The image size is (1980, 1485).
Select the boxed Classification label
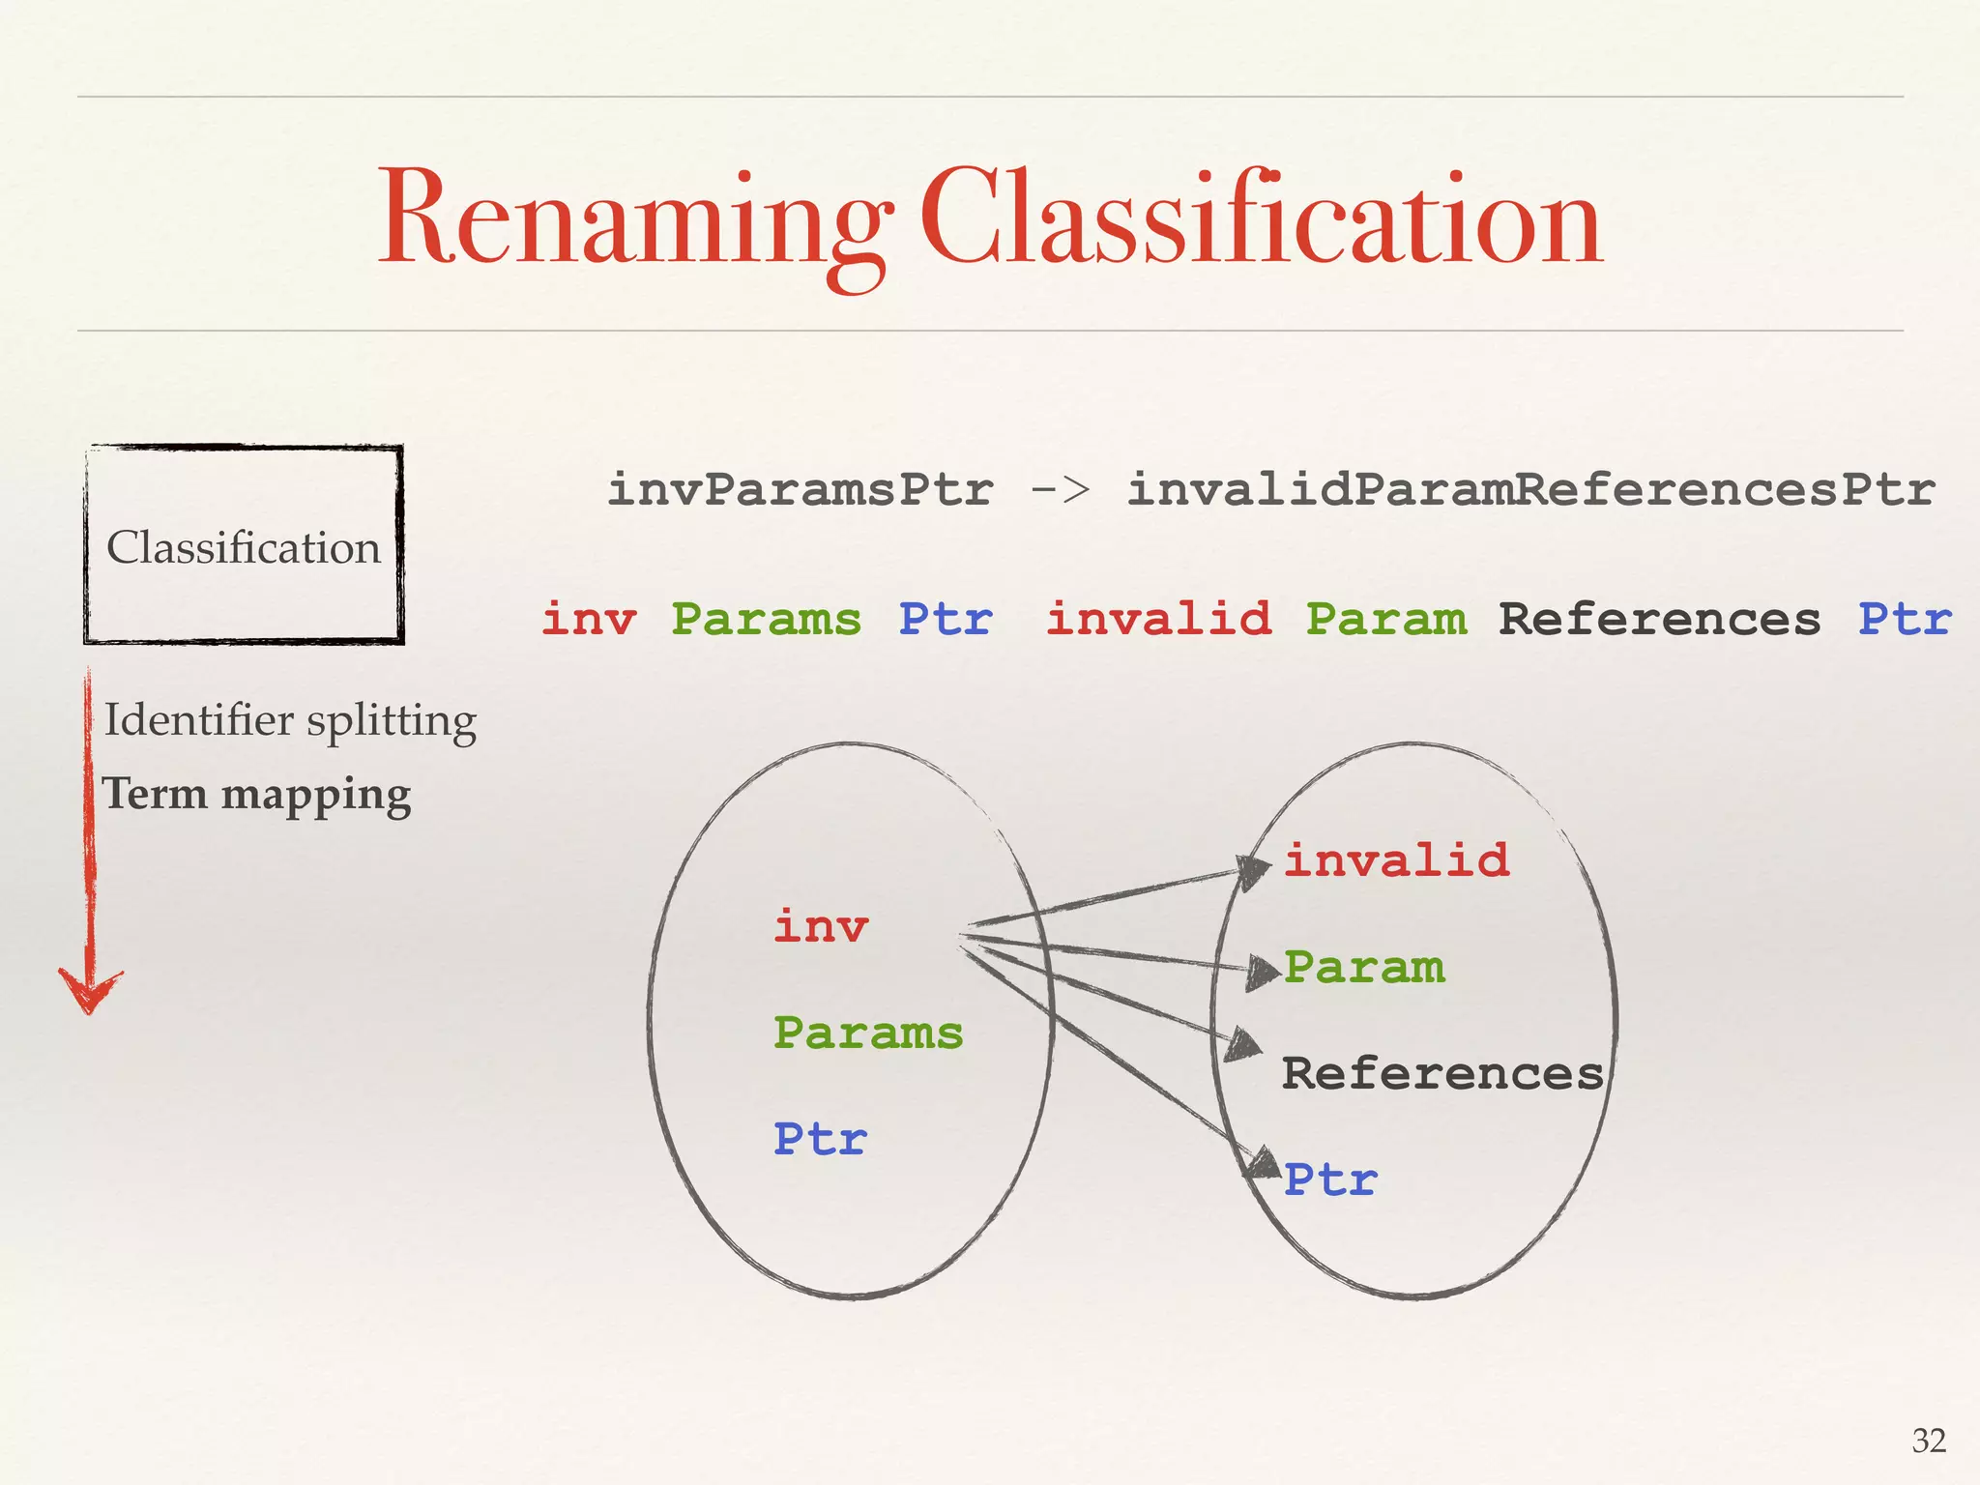tap(244, 546)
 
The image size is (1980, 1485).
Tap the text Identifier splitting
tap(290, 720)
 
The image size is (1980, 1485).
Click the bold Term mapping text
tap(257, 795)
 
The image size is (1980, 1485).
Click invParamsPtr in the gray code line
tap(800, 489)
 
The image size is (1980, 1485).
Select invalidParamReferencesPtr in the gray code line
tap(1530, 489)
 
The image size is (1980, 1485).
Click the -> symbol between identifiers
tap(1060, 489)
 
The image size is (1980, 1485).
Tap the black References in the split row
tap(1659, 620)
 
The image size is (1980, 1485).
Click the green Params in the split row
tap(766, 620)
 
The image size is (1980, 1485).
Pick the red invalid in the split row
tap(1158, 620)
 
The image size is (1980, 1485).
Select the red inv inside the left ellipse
tap(821, 927)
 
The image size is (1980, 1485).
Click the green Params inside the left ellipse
tap(868, 1034)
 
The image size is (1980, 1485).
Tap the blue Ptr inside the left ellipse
tap(820, 1140)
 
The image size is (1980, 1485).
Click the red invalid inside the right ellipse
tap(1396, 860)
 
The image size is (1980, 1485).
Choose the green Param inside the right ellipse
tap(1364, 968)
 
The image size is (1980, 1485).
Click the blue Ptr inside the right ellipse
tap(1330, 1180)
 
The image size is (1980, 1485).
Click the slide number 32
tap(1929, 1441)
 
